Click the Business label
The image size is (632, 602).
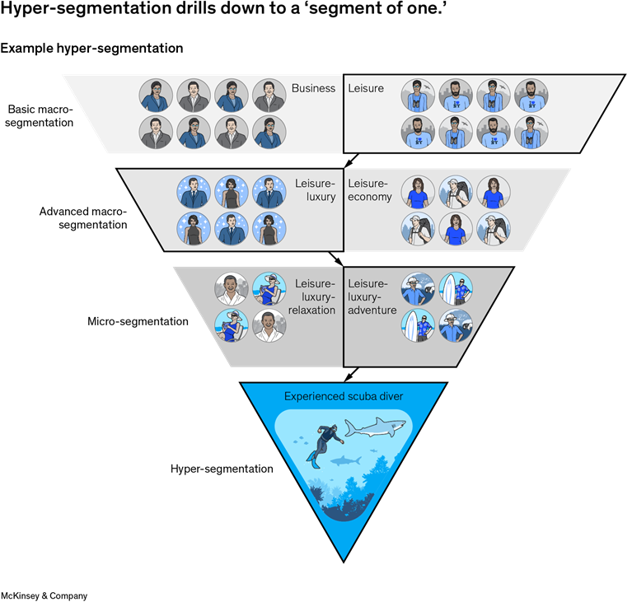coord(313,88)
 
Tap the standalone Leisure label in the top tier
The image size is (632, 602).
coord(366,88)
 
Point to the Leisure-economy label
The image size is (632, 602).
coord(370,190)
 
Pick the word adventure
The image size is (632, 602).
coord(372,310)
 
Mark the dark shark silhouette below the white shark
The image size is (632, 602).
coord(345,460)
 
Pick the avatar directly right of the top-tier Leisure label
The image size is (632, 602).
coord(417,96)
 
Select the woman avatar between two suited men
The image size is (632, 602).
coord(232,191)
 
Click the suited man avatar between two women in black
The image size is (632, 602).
coord(232,228)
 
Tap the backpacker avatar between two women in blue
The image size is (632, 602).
coord(456,191)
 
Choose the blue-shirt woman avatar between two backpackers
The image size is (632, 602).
coord(456,228)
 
